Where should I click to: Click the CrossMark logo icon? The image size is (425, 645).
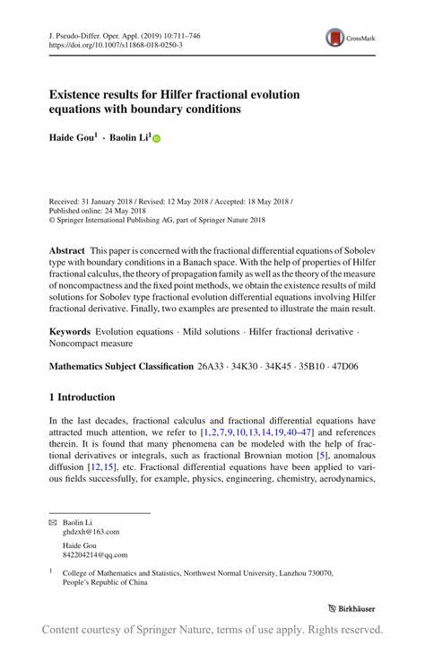pos(334,39)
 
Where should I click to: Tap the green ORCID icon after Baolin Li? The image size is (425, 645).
pos(155,140)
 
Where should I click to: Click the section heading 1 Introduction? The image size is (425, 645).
pos(82,397)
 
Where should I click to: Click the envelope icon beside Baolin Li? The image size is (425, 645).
pos(51,521)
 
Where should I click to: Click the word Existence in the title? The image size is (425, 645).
pos(80,94)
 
